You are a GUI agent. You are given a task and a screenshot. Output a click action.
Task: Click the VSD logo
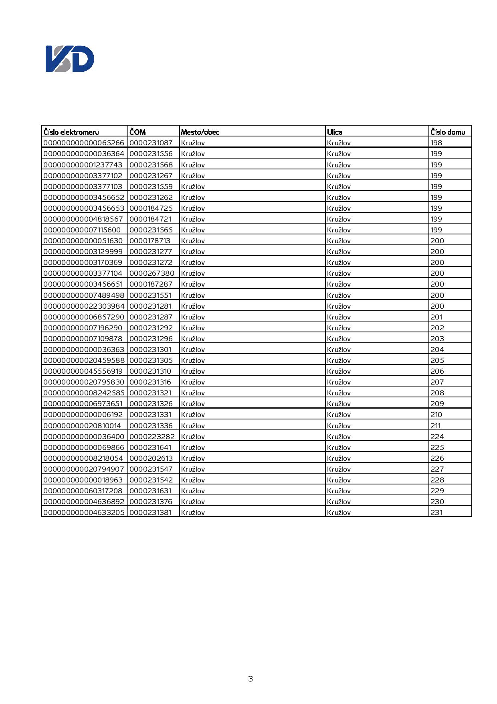click(70, 59)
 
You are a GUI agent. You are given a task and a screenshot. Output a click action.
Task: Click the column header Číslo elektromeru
click(71, 132)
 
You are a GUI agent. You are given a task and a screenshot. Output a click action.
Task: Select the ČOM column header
click(137, 132)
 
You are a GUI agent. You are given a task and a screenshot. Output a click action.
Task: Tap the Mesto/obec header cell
click(200, 132)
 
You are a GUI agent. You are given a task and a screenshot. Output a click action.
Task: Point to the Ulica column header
click(335, 132)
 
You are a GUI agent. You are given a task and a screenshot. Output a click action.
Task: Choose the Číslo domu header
click(448, 132)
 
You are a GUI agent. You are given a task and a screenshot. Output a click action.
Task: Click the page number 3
click(251, 679)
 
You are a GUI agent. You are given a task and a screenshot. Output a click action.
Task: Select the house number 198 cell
click(436, 143)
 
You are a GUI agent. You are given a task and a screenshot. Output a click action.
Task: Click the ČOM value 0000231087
click(151, 143)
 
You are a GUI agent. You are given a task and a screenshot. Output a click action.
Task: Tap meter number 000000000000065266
click(84, 143)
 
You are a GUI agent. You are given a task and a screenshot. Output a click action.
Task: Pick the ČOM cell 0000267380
click(152, 273)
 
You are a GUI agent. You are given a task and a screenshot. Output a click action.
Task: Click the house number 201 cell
click(437, 317)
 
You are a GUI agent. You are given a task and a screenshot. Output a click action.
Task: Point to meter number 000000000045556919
click(83, 371)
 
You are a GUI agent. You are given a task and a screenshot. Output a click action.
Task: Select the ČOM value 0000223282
click(152, 437)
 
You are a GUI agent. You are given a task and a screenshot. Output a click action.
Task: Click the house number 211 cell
click(435, 426)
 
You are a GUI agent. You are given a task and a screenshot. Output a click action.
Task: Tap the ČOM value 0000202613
click(151, 458)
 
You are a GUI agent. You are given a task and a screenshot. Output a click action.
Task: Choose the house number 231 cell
click(436, 513)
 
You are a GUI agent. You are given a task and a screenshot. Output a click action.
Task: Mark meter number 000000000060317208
click(83, 491)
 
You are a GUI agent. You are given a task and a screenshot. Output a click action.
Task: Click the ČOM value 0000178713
click(150, 241)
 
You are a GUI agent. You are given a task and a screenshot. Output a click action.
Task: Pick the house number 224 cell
click(437, 437)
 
